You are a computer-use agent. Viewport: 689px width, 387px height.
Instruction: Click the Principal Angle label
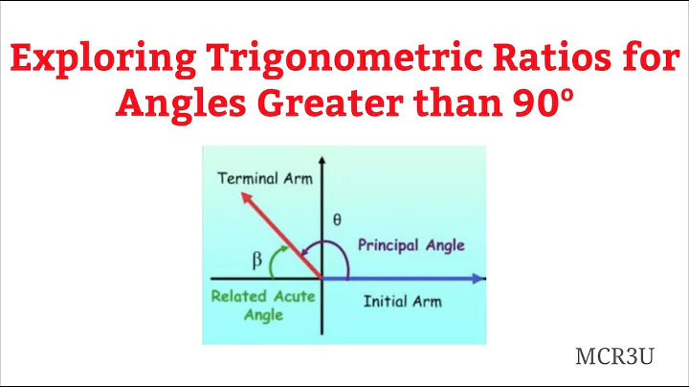[411, 245]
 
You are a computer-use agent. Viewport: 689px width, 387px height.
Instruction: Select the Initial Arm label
[403, 301]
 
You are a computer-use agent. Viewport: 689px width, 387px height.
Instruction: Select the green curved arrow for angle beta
[277, 257]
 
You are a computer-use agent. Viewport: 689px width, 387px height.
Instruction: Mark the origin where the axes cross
[322, 279]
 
